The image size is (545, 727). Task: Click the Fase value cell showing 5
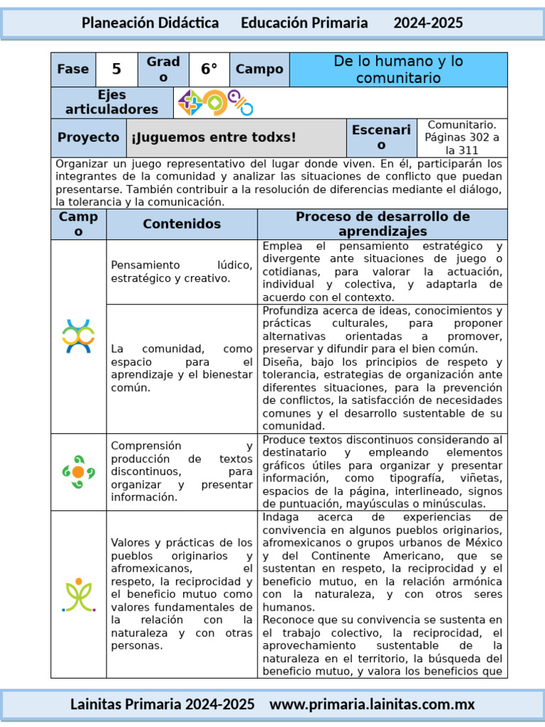pos(116,69)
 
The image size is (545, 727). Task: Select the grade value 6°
pos(209,69)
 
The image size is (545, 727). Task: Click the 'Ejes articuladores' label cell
pos(112,102)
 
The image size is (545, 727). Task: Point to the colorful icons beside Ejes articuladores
pos(216,103)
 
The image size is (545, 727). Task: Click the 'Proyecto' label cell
pos(89,138)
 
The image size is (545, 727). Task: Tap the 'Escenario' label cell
pos(381,138)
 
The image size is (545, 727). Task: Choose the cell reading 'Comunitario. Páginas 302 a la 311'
pos(462,138)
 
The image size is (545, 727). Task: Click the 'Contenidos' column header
pos(182,224)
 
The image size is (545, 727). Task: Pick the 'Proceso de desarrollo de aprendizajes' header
pos(382,224)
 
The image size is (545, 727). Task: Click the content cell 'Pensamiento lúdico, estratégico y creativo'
pos(182,272)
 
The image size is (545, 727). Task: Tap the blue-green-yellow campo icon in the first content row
pos(78,337)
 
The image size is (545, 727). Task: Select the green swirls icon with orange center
pos(78,471)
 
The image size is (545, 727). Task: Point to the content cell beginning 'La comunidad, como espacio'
pos(182,368)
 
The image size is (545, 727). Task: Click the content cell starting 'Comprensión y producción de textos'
pos(182,471)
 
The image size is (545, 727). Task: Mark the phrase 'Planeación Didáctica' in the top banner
pos(150,23)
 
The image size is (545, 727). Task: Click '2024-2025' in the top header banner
pos(428,23)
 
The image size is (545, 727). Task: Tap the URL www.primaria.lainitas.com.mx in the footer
pos(373,704)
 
